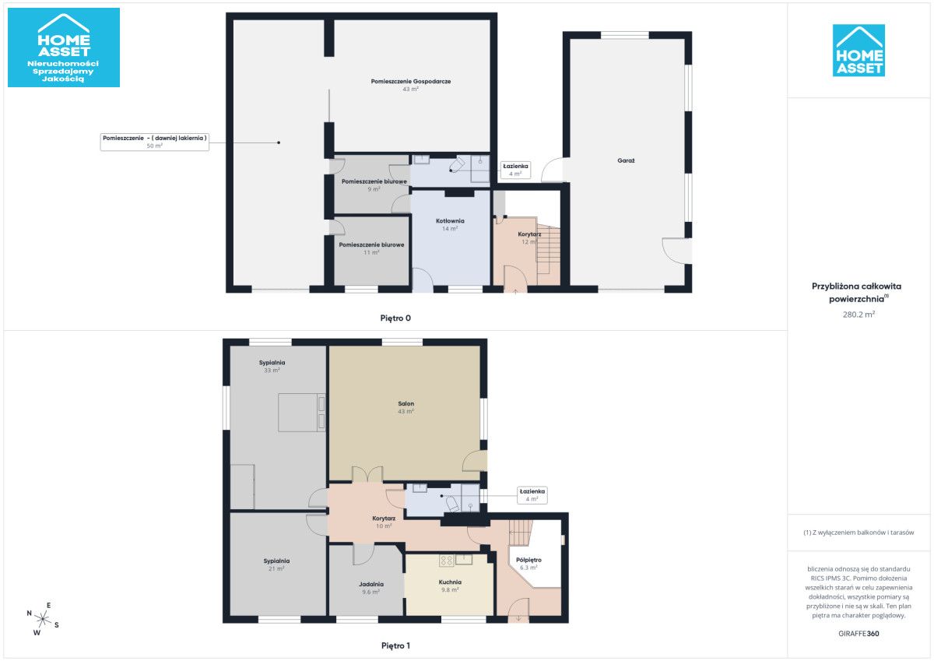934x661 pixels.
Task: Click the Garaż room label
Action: point(626,160)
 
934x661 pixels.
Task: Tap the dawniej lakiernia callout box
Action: point(155,142)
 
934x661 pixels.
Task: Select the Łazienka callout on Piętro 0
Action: point(515,170)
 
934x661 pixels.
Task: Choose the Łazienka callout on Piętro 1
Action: point(532,495)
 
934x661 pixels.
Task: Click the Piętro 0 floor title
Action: point(395,318)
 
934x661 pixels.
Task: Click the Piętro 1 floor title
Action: point(395,646)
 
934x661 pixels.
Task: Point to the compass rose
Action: point(43,619)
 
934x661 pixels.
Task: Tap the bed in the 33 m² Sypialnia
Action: point(302,413)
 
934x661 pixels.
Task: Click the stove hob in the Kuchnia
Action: point(446,560)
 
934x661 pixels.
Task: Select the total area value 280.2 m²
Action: point(859,315)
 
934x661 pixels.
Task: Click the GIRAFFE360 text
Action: point(859,634)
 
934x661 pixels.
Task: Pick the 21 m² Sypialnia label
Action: point(276,564)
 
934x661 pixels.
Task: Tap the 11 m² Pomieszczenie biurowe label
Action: point(371,248)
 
